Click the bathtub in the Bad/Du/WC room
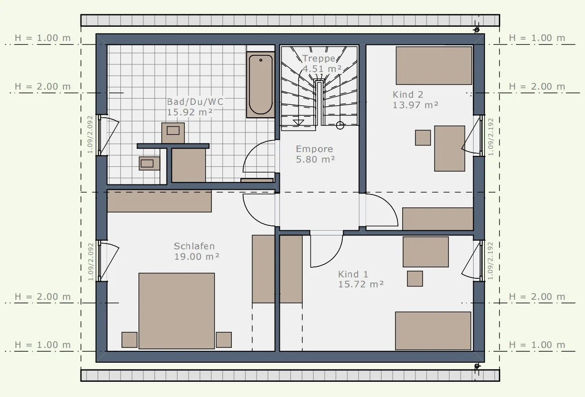[x=260, y=84]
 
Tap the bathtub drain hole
[x=261, y=60]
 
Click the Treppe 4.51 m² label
[x=322, y=63]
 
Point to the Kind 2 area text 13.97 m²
[x=416, y=105]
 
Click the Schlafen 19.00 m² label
[x=197, y=251]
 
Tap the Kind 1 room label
[x=353, y=274]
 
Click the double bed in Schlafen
[x=177, y=311]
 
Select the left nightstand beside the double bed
[x=129, y=340]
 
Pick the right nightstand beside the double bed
[x=224, y=340]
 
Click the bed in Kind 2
[x=434, y=66]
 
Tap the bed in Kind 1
[x=433, y=331]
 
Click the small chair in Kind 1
[x=415, y=278]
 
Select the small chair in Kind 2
[x=423, y=138]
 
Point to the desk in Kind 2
[x=450, y=149]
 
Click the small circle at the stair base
[x=340, y=125]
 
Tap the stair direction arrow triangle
[x=298, y=122]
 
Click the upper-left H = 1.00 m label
[x=43, y=38]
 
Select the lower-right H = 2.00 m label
[x=537, y=296]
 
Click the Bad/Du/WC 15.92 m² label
[x=195, y=107]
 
